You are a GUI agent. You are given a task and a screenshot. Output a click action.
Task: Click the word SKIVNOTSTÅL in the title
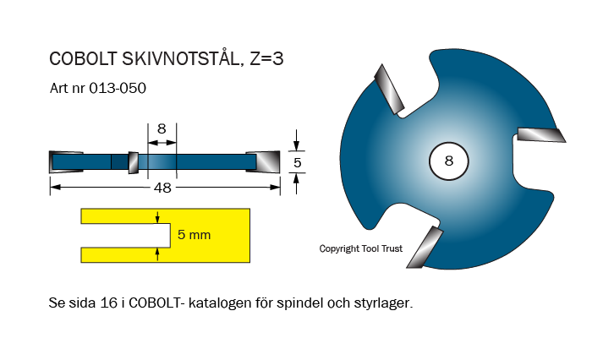177,59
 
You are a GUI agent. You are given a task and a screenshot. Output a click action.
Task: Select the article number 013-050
113,87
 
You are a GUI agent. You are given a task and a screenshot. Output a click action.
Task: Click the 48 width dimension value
162,188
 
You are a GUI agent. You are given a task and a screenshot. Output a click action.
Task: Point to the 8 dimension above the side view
162,129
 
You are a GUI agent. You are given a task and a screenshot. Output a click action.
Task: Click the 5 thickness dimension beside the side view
297,161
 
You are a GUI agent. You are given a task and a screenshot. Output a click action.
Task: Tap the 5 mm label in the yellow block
195,235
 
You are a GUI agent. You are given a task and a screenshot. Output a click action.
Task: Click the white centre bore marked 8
448,160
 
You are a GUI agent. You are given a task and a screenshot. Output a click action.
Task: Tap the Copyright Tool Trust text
361,249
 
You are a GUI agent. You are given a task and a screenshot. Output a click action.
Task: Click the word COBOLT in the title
78,59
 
